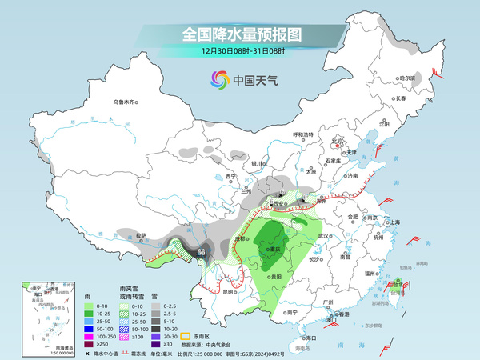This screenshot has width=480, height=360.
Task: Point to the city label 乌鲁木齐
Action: (126, 102)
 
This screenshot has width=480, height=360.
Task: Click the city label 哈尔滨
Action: (407, 78)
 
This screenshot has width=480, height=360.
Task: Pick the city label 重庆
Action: (279, 249)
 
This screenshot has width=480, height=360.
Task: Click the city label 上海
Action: (392, 222)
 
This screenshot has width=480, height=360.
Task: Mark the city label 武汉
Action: (323, 236)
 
